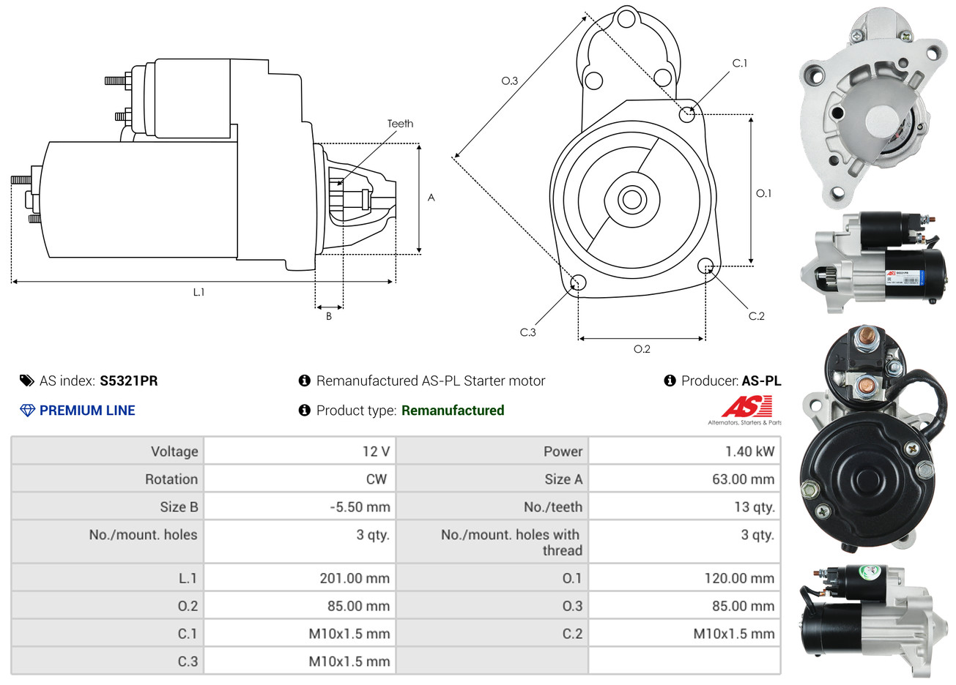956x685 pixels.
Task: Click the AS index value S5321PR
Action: pyautogui.click(x=128, y=381)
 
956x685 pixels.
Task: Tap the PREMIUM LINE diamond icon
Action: pyautogui.click(x=27, y=411)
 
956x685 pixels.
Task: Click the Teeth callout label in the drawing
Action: pyautogui.click(x=400, y=124)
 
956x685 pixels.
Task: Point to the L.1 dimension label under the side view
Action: pyautogui.click(x=199, y=292)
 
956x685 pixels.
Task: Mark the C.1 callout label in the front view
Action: pyautogui.click(x=740, y=64)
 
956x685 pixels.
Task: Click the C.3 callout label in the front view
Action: pyautogui.click(x=527, y=332)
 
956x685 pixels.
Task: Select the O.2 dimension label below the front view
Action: pyautogui.click(x=642, y=349)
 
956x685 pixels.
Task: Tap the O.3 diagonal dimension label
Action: pyautogui.click(x=509, y=81)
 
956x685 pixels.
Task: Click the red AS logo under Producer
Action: pyautogui.click(x=747, y=406)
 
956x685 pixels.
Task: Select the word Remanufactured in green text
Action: pyautogui.click(x=453, y=411)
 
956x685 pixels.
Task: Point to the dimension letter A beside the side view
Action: pyautogui.click(x=431, y=198)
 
